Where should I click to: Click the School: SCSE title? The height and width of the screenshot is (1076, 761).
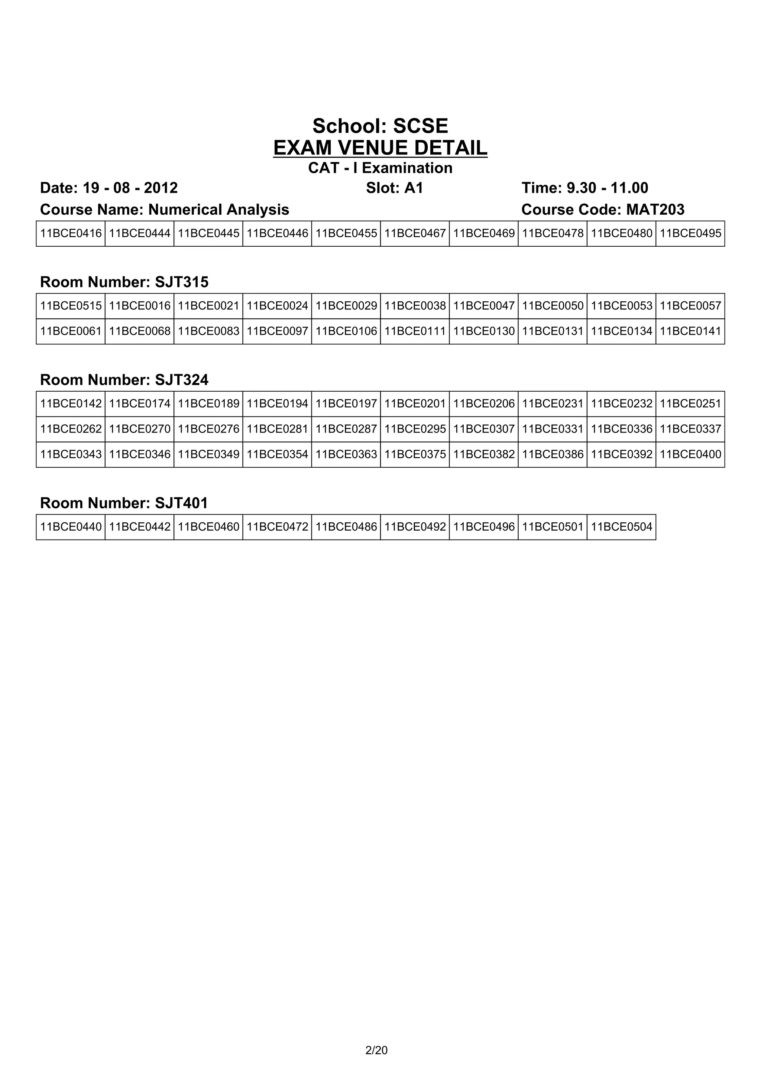pyautogui.click(x=380, y=126)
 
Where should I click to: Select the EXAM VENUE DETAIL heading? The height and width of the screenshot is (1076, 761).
pyautogui.click(x=380, y=148)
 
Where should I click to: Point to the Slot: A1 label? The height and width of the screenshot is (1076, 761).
pyautogui.click(x=395, y=188)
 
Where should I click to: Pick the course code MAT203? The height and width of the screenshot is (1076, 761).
pyautogui.click(x=655, y=210)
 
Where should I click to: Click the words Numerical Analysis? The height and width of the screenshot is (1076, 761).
pyautogui.click(x=218, y=210)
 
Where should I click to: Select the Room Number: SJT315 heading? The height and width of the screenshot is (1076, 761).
pyautogui.click(x=124, y=282)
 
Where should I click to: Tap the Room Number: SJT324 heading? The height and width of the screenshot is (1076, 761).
pyautogui.click(x=124, y=380)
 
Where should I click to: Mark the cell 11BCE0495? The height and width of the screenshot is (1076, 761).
pyautogui.click(x=690, y=233)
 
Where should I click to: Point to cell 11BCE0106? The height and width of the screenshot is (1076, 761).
pyautogui.click(x=346, y=331)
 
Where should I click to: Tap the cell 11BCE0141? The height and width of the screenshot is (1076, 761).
pyautogui.click(x=690, y=331)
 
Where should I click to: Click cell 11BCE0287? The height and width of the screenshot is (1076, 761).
pyautogui.click(x=346, y=429)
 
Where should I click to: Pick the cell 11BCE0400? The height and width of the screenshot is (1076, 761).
pyautogui.click(x=690, y=454)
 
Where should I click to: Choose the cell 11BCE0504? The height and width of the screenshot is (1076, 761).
pyautogui.click(x=621, y=527)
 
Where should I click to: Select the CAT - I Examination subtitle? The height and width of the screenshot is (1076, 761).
pyautogui.click(x=380, y=168)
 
